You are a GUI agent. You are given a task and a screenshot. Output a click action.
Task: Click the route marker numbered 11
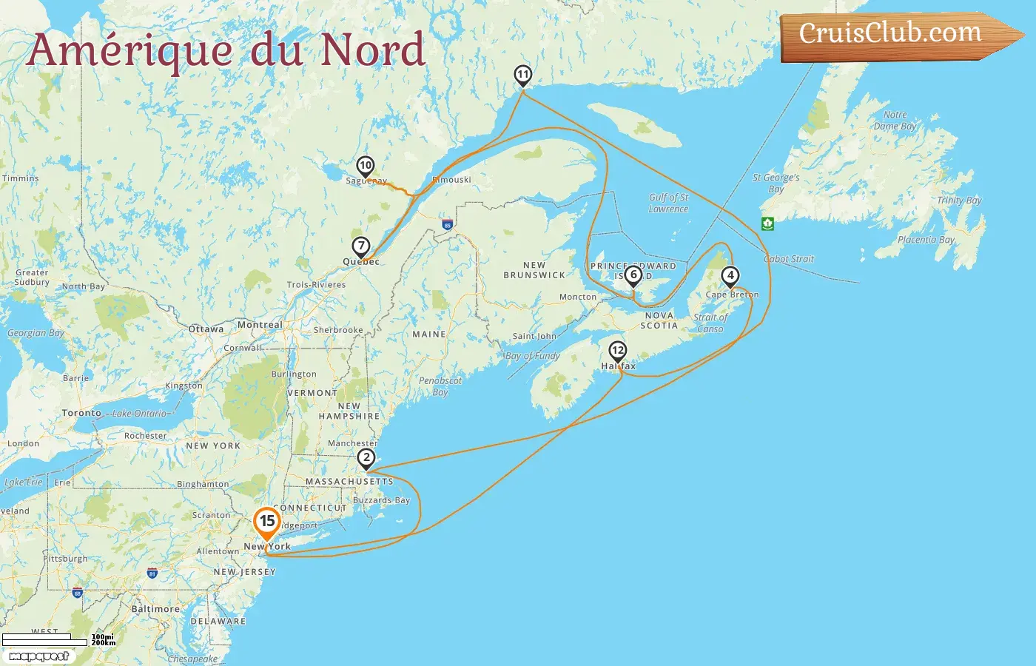[x=523, y=75]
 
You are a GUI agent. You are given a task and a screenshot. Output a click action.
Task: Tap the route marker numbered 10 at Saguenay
[x=365, y=166]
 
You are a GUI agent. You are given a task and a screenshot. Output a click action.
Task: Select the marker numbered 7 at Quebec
[x=360, y=246]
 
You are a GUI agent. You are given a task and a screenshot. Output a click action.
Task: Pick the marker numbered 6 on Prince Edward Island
[x=633, y=275]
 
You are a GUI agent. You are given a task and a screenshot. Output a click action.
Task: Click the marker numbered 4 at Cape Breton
[x=730, y=276]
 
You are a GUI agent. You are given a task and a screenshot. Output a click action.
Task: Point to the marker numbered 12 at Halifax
[x=617, y=351]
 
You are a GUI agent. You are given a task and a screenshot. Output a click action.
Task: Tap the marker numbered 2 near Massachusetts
[x=366, y=458]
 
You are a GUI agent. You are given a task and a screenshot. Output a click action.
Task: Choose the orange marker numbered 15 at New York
[x=267, y=522]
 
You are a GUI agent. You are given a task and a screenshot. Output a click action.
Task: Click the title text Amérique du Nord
[x=226, y=50]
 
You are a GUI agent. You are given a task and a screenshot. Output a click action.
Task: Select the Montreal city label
[x=260, y=325]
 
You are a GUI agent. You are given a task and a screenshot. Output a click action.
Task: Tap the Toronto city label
[x=81, y=413]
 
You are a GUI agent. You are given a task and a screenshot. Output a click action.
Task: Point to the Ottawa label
[x=206, y=329]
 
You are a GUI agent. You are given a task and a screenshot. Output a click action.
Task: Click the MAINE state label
[x=429, y=334]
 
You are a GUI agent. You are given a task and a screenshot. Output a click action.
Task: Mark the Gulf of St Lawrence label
[x=668, y=203]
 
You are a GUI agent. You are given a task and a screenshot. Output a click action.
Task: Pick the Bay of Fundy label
[x=533, y=356]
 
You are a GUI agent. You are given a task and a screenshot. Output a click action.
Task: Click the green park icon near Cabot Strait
[x=767, y=223]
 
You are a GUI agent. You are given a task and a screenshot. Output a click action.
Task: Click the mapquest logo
[x=39, y=656]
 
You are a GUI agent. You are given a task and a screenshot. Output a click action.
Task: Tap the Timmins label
[x=20, y=178]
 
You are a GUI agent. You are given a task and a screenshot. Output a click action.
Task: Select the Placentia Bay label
[x=926, y=240]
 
